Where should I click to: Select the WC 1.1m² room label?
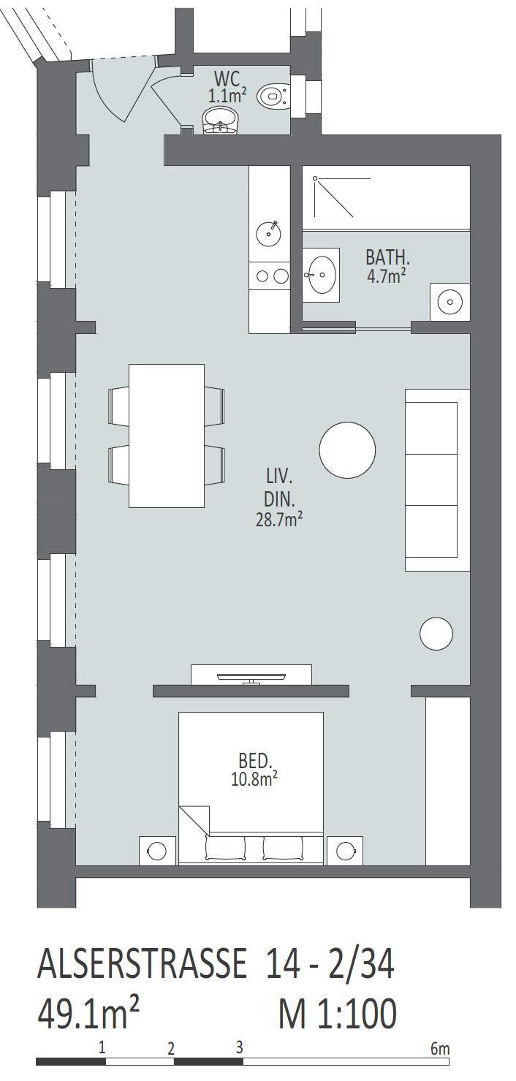point(227,86)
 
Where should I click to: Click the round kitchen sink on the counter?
point(268,234)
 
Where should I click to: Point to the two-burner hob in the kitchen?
point(269,276)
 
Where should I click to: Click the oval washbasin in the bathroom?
point(322,275)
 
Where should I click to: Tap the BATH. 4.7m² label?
point(385,265)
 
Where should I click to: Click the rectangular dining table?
point(167,436)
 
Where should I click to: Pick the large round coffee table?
point(347,450)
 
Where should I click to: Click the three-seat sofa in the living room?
point(437,480)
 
